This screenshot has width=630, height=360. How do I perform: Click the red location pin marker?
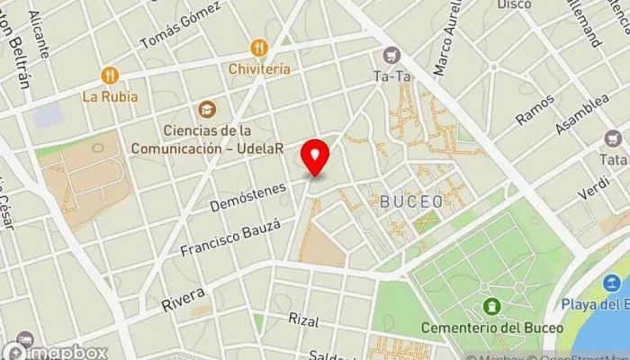315,158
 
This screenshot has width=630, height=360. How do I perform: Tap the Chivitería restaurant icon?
259,48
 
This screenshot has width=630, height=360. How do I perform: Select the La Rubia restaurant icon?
110,76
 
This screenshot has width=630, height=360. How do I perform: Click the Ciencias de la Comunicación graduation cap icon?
208,109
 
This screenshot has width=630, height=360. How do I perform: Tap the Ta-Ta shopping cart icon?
391,56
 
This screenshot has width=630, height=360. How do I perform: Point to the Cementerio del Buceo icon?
491,309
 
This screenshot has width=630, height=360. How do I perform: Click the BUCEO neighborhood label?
411,201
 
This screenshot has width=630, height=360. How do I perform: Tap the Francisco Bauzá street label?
230,237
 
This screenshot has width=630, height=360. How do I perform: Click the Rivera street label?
184,300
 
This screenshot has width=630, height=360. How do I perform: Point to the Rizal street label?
304,320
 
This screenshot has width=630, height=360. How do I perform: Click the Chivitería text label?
259,68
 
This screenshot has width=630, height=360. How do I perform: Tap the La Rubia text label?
110,95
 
